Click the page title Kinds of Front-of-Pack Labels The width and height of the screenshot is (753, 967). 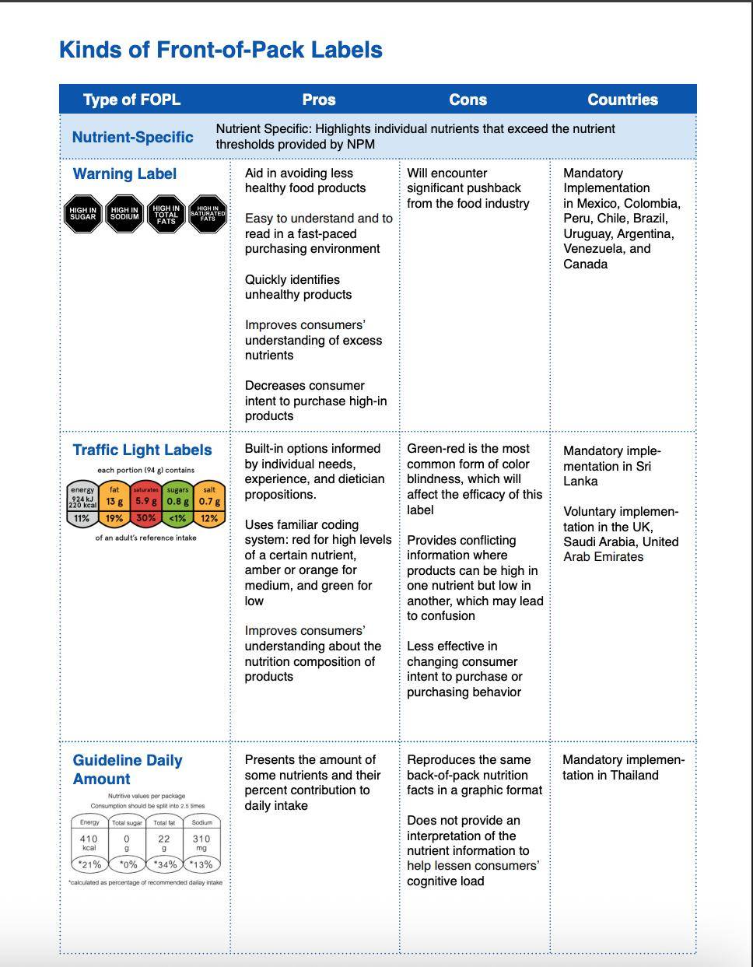(x=220, y=50)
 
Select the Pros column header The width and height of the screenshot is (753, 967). (x=319, y=100)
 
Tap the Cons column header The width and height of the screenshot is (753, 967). (x=468, y=100)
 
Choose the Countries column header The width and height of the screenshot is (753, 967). (x=622, y=100)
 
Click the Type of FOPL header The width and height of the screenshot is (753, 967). (x=131, y=100)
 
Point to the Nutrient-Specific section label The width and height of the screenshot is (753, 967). (x=132, y=137)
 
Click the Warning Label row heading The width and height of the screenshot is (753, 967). (x=124, y=173)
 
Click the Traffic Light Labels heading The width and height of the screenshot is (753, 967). (x=142, y=450)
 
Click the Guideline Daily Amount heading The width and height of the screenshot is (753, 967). (x=127, y=769)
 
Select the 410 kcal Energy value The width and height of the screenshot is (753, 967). (x=89, y=843)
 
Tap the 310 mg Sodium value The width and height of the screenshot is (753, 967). (x=201, y=843)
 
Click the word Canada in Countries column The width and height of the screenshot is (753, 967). (x=585, y=264)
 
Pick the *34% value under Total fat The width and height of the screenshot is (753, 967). (x=165, y=864)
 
